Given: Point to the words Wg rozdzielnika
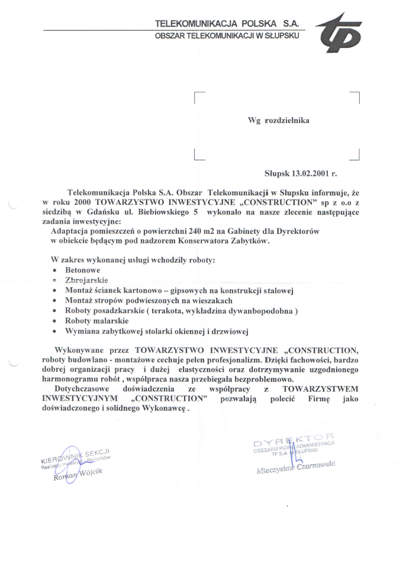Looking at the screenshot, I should pyautogui.click(x=278, y=120).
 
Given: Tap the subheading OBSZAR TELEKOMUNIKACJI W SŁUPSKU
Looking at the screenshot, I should pyautogui.click(x=227, y=36).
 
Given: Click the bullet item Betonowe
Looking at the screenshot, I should pyautogui.click(x=83, y=269).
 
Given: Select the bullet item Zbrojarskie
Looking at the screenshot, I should pyautogui.click(x=86, y=280).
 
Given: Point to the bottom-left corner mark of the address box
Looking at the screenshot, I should pyautogui.click(x=198, y=156).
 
